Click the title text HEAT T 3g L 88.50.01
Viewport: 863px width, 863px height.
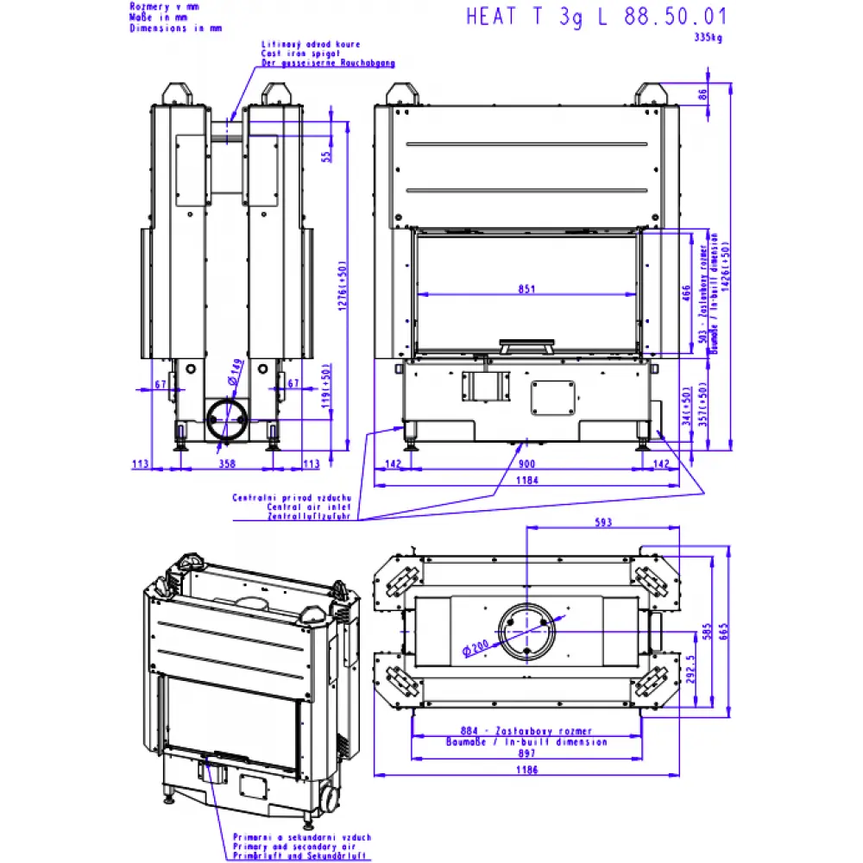[x=596, y=16]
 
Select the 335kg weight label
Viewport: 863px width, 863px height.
[x=709, y=37]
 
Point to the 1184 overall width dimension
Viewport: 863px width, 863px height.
[x=526, y=480]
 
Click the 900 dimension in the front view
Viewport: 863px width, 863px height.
[x=526, y=463]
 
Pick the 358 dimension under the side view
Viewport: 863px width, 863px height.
[x=227, y=463]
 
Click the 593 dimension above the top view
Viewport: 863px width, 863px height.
[x=602, y=521]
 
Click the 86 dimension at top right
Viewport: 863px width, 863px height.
[x=702, y=94]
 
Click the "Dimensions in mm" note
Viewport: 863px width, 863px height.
[x=175, y=28]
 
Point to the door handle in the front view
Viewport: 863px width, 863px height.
[x=526, y=346]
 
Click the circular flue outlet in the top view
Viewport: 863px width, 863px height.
[x=526, y=632]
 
